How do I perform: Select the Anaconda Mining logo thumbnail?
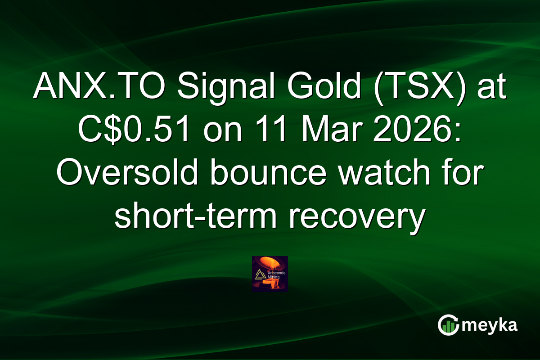[270, 274]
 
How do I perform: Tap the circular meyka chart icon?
[449, 325]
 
